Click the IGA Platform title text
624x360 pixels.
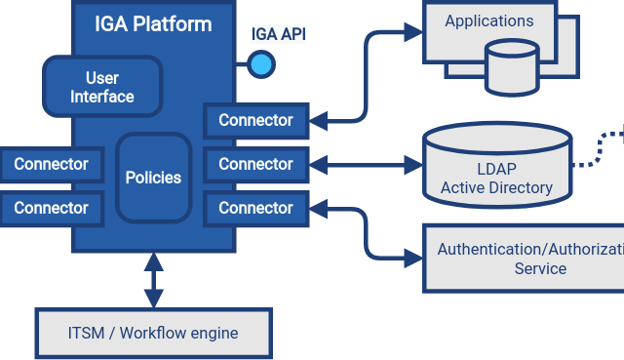[153, 24]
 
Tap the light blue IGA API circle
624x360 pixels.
[260, 64]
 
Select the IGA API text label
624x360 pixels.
[278, 35]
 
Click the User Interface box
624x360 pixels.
[101, 87]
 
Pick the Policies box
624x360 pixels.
[153, 178]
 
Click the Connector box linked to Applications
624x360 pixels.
[255, 120]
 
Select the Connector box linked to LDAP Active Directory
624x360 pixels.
[255, 164]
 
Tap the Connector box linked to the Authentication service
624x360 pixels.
[255, 208]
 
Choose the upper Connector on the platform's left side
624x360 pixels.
[51, 164]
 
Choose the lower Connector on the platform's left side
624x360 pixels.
[51, 208]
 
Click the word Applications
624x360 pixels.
[488, 20]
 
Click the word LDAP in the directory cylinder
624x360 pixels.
[496, 169]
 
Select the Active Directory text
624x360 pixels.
[496, 187]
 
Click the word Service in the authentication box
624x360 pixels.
[540, 268]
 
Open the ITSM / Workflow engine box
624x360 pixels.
[153, 333]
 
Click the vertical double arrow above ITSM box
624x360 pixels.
[153, 281]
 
